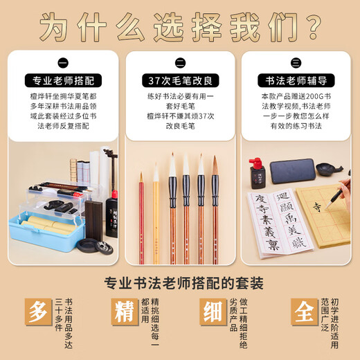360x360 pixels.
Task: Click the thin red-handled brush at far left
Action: (141, 215)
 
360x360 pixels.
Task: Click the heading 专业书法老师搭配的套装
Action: (179, 282)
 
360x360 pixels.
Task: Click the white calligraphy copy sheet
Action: (277, 222)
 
